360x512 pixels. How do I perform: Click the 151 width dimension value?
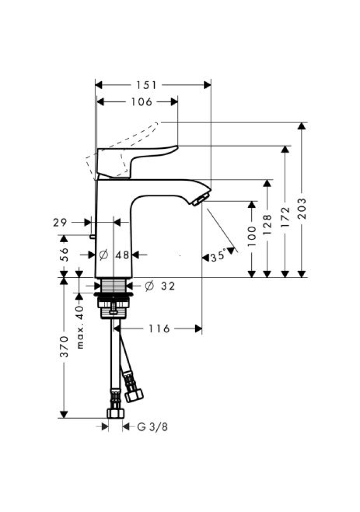click(x=146, y=85)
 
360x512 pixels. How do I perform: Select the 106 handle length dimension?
click(x=141, y=102)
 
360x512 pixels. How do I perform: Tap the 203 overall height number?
click(x=303, y=208)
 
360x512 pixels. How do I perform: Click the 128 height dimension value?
click(x=267, y=225)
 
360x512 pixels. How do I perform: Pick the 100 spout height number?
click(x=252, y=236)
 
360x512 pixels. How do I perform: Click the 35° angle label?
click(x=218, y=255)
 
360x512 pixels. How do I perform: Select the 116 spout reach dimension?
click(x=159, y=329)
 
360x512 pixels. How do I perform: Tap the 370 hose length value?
click(x=65, y=347)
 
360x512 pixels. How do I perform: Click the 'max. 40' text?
click(x=79, y=327)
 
